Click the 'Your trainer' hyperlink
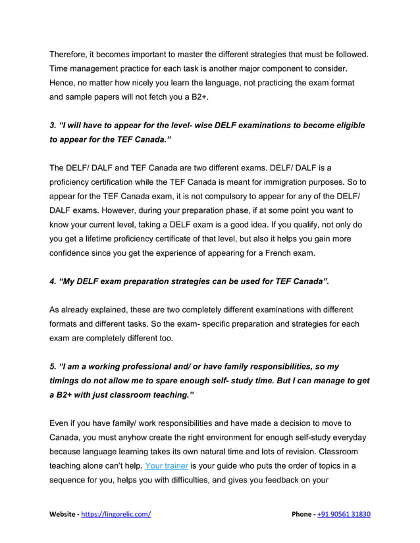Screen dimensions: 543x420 click(167, 467)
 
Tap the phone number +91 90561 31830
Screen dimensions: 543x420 click(345, 515)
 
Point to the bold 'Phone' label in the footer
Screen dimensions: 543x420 click(303, 515)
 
